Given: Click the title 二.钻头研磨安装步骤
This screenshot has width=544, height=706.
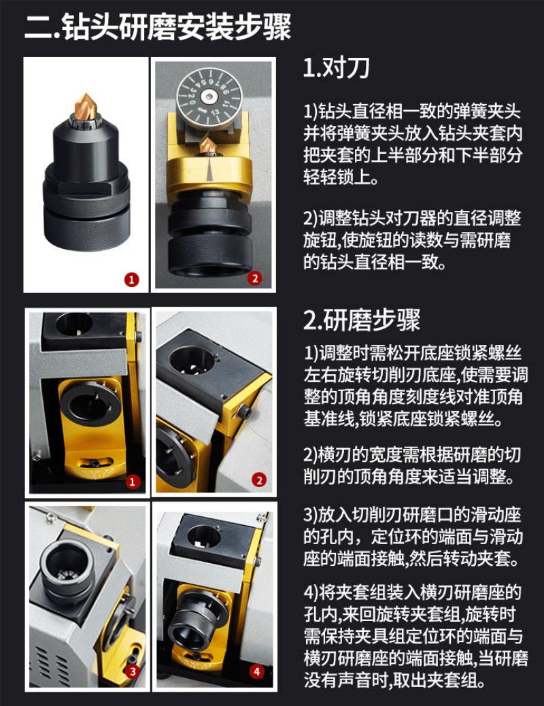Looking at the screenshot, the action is point(158,27).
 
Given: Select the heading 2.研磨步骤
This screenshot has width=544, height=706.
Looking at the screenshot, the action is point(362,320).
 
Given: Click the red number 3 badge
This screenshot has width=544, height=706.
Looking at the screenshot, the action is point(133,672).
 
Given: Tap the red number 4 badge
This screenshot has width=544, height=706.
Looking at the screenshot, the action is point(256,672).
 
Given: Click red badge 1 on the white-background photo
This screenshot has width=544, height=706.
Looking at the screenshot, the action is point(131,280).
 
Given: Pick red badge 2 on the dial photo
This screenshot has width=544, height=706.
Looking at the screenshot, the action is point(255,279).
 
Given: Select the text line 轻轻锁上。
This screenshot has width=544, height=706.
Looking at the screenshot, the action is point(341,177).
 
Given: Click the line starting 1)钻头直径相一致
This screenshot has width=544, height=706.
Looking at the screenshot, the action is point(412,112).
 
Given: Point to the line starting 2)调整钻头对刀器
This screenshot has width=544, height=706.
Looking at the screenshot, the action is point(412,218).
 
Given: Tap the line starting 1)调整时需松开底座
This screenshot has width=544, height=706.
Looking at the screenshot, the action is point(413,352).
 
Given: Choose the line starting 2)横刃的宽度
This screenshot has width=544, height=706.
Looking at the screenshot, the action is point(412,454).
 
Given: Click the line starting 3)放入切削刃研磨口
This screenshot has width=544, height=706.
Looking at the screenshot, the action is point(412,514).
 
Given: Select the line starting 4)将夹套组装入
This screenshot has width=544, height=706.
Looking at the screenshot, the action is point(412,592).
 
